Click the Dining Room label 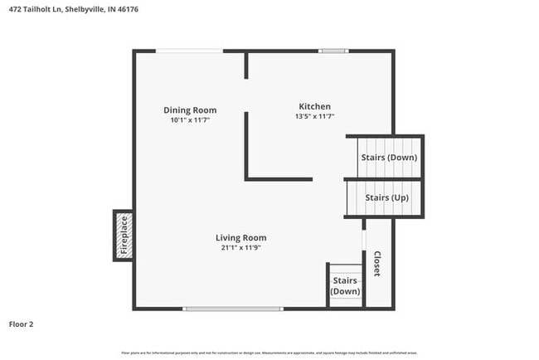tap(190, 109)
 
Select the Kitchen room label tap(315, 106)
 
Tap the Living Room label tap(241, 237)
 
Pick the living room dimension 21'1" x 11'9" tap(241, 248)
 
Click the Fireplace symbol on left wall tap(124, 235)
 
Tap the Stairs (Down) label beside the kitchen tap(388, 158)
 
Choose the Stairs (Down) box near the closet tap(345, 286)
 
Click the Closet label tap(376, 264)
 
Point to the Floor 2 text tap(22, 324)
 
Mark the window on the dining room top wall tap(190, 51)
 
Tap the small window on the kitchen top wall tap(333, 51)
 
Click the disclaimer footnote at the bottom tap(269, 353)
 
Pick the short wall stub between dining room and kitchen tap(246, 66)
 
